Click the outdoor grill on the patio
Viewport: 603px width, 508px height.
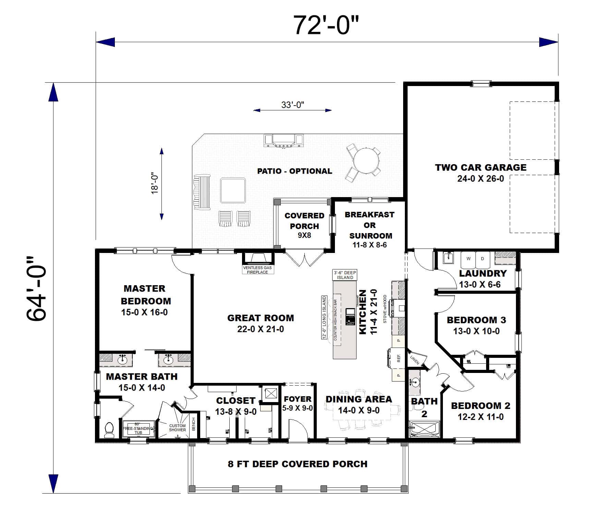(x=284, y=140)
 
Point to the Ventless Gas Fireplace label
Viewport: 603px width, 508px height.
(x=257, y=270)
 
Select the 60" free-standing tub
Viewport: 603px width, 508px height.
(x=138, y=428)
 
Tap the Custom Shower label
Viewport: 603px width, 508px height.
(x=177, y=428)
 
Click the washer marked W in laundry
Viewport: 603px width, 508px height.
(x=468, y=259)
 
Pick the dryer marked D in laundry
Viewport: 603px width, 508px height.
(x=482, y=259)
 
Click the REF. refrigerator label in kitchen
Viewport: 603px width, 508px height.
(x=399, y=358)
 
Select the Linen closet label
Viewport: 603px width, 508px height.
(x=414, y=360)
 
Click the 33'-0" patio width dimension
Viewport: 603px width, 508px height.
(x=293, y=105)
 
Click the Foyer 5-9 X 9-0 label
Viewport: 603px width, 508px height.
(x=297, y=403)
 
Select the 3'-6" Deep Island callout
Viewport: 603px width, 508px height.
(x=345, y=275)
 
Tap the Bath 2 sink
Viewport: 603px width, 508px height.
(x=415, y=382)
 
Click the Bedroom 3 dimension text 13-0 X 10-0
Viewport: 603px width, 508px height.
(x=476, y=331)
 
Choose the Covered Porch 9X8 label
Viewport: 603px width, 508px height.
(x=304, y=225)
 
